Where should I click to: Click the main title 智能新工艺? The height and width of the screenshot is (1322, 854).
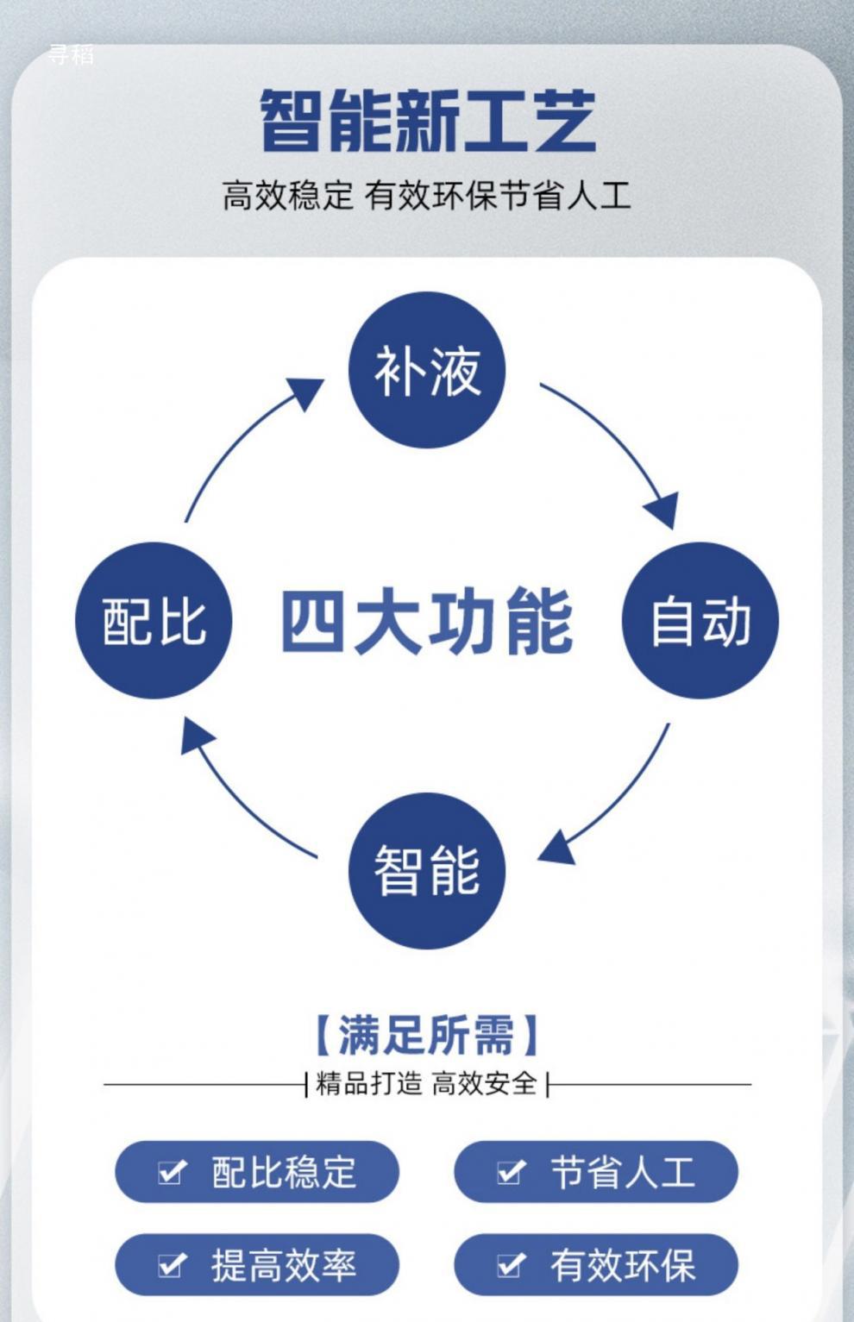pyautogui.click(x=427, y=121)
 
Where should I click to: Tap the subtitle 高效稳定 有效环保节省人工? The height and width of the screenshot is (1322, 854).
pyautogui.click(x=427, y=195)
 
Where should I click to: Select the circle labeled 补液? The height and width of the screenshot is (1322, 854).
pyautogui.click(x=427, y=371)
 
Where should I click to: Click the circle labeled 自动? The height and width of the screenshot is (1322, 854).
pyautogui.click(x=700, y=620)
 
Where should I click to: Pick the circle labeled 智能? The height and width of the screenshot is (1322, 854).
pyautogui.click(x=427, y=870)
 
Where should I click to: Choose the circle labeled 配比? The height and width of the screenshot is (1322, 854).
pyautogui.click(x=154, y=620)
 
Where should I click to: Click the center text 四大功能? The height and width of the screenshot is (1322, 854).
pyautogui.click(x=427, y=621)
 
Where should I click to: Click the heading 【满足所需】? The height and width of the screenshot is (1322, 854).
pyautogui.click(x=427, y=1035)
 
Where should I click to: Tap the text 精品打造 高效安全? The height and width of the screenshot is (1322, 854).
pyautogui.click(x=427, y=1083)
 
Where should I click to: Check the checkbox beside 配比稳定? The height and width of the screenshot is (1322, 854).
pyautogui.click(x=172, y=1171)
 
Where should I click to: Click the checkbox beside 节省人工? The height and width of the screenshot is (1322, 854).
pyautogui.click(x=511, y=1171)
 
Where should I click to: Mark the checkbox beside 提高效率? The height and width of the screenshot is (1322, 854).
pyautogui.click(x=172, y=1264)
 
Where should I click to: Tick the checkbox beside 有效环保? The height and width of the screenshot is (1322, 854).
pyautogui.click(x=511, y=1264)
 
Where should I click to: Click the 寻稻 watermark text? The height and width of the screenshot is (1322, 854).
pyautogui.click(x=71, y=55)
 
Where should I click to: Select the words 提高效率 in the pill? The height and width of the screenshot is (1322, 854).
pyautogui.click(x=284, y=1265)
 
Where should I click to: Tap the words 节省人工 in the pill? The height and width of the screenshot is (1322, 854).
pyautogui.click(x=623, y=1172)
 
